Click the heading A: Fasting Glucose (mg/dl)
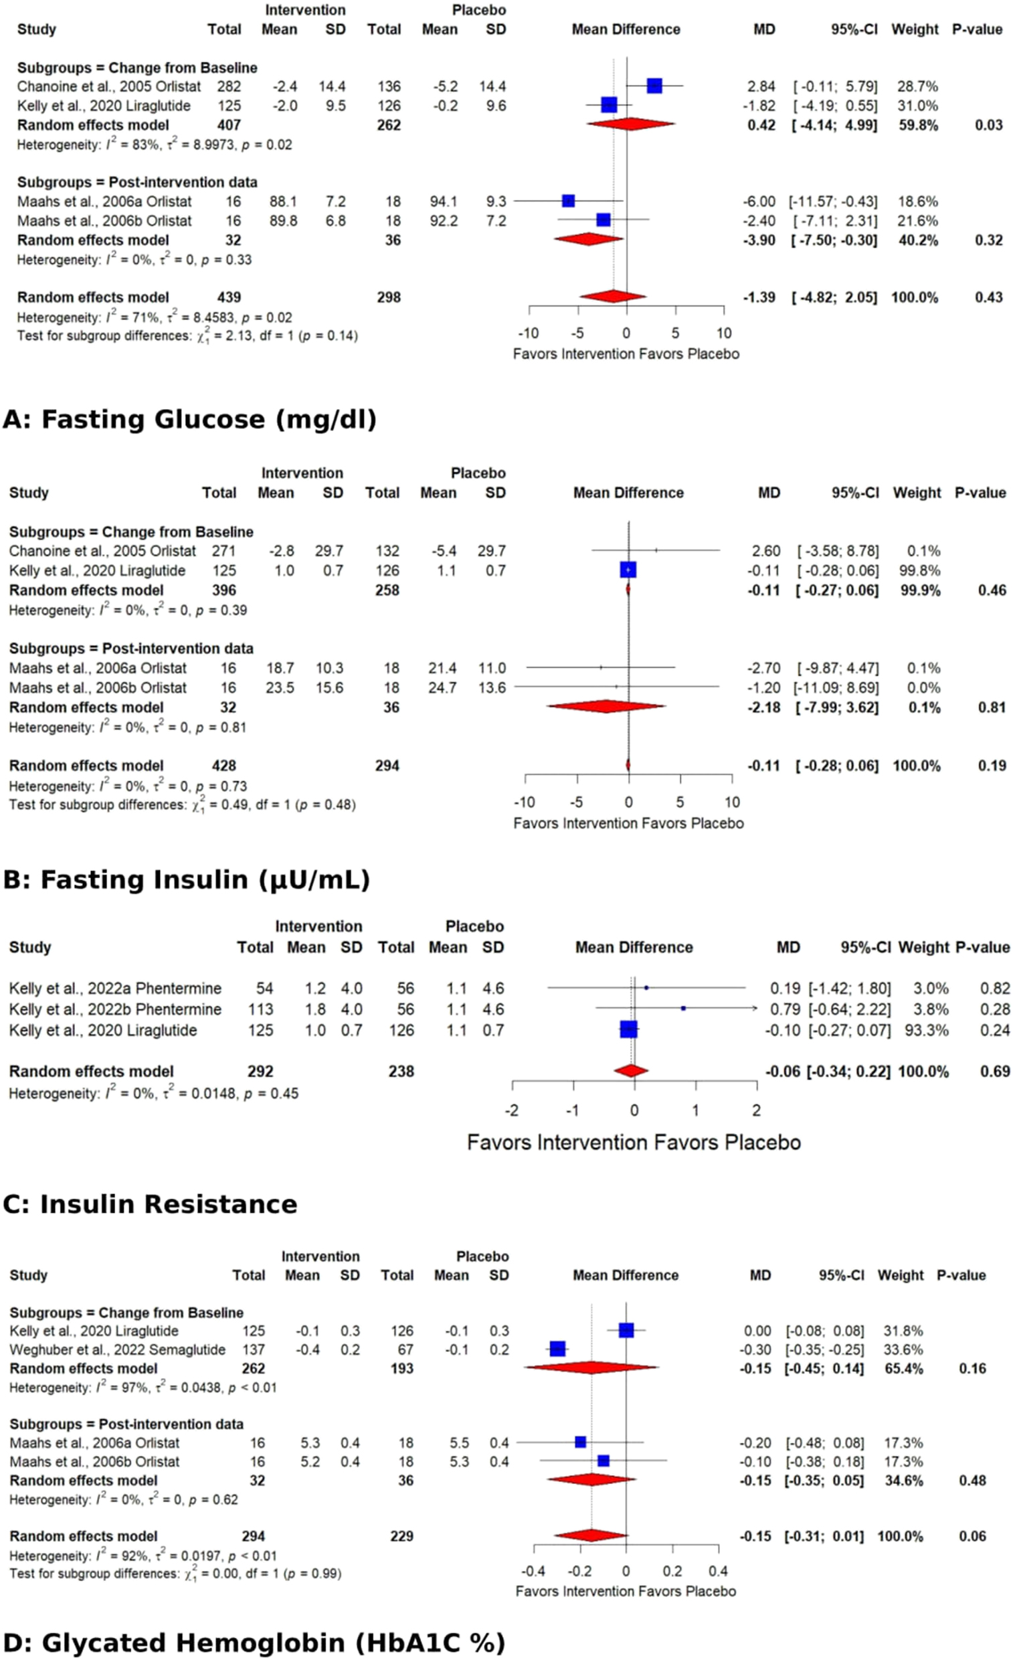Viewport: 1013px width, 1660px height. coord(189,419)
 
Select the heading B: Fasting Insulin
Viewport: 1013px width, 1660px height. coord(186,880)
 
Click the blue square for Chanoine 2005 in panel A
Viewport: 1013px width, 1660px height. coord(654,86)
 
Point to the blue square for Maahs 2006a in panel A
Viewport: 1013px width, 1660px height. coord(569,201)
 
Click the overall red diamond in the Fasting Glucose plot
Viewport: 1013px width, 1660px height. coord(613,297)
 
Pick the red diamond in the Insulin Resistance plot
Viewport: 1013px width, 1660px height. coord(631,1070)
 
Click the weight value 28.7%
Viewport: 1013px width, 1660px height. coord(917,86)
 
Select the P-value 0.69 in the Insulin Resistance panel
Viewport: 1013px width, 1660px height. coord(995,1071)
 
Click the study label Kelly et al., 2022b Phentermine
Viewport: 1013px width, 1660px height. coord(115,1009)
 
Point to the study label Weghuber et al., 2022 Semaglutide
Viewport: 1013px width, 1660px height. coord(118,1349)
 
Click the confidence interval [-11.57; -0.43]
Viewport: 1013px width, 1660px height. coord(833,201)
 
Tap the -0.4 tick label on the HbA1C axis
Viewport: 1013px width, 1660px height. coord(533,1571)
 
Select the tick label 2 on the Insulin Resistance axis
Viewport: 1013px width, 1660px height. coord(756,1110)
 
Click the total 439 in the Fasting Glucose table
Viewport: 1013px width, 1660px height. coord(228,297)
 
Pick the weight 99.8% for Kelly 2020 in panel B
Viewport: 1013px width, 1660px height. coord(923,570)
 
